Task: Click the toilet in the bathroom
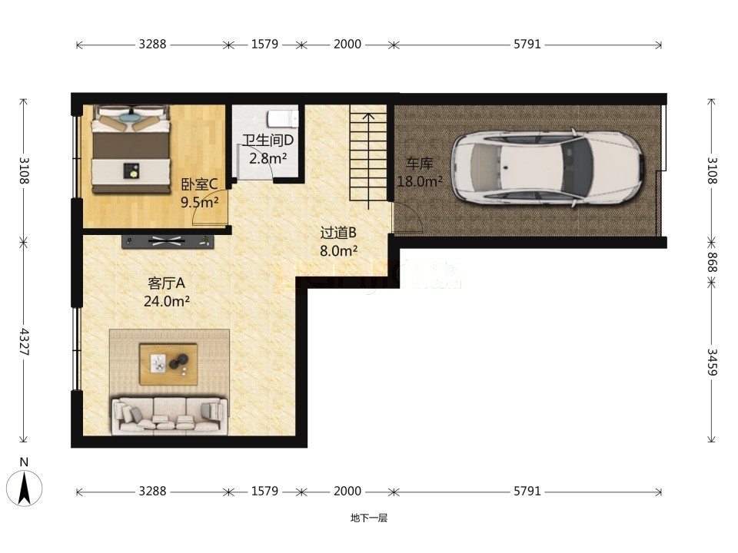(283, 118)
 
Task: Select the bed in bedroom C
(131, 149)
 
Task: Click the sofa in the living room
(169, 416)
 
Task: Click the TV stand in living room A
(168, 241)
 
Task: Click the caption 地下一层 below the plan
(368, 518)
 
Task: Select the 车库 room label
(420, 164)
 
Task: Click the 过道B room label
(338, 233)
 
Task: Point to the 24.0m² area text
(167, 301)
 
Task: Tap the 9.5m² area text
(200, 202)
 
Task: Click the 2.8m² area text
(268, 158)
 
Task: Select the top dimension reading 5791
(527, 45)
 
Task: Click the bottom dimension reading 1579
(264, 491)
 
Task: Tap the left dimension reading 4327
(24, 342)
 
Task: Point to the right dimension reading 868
(712, 262)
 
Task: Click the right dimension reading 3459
(712, 362)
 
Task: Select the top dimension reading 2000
(347, 45)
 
